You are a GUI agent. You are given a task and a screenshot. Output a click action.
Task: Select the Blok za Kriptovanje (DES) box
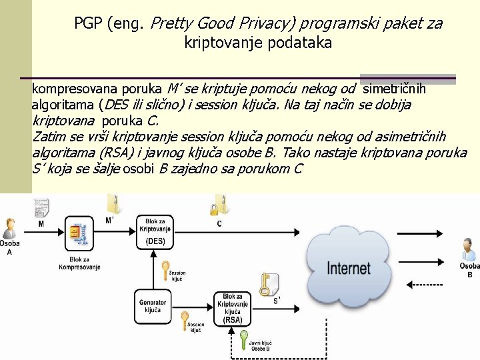155,231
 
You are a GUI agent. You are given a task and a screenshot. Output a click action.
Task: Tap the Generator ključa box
153,306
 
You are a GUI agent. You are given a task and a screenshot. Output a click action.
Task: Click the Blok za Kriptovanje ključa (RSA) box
233,309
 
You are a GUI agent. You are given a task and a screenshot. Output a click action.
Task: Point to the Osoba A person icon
9,228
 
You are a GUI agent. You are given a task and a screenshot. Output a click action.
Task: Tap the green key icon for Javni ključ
244,337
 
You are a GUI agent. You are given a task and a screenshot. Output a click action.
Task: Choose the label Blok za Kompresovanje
79,263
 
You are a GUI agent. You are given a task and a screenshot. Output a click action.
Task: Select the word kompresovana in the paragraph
73,89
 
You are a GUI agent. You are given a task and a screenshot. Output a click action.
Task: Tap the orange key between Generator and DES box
165,270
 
